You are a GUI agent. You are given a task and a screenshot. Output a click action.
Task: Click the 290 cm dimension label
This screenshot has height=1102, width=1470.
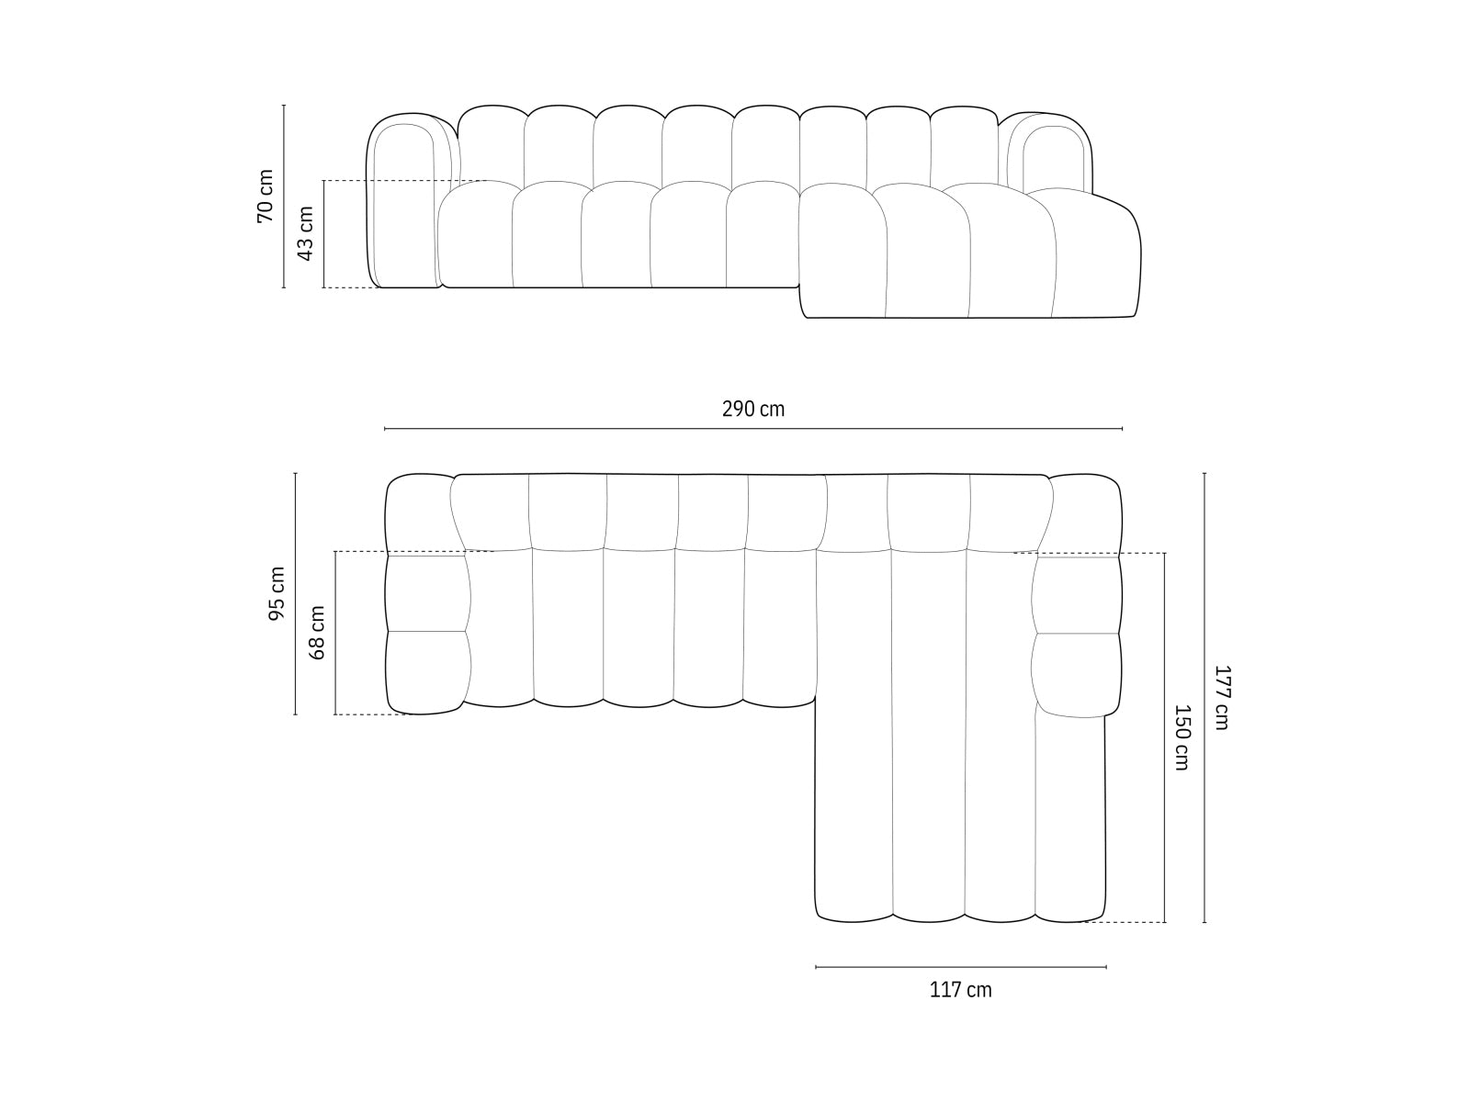[x=753, y=410]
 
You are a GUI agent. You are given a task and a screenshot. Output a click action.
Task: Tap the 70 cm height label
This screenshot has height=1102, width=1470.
[x=266, y=196]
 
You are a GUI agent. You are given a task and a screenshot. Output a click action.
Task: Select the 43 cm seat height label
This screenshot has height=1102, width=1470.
[x=306, y=233]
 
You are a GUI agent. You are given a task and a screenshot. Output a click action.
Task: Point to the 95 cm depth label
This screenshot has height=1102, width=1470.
[x=277, y=593]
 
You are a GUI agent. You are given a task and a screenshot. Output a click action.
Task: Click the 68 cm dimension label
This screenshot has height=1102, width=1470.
[x=318, y=632]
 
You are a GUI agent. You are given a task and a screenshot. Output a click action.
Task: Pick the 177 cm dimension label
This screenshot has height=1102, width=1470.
[x=1221, y=698]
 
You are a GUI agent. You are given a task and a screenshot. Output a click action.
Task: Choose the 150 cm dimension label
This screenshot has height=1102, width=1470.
[x=1182, y=737]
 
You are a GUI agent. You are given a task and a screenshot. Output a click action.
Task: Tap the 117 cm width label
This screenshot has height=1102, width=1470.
[x=960, y=990]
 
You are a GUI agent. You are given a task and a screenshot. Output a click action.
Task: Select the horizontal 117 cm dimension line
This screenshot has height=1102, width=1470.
[x=960, y=966]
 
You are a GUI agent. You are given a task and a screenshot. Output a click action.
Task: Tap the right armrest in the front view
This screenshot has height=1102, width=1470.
[x=1047, y=156]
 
